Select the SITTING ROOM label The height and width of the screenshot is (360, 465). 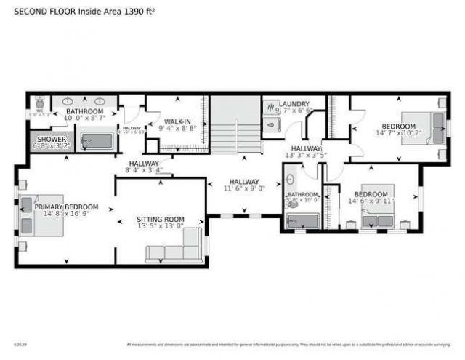point(161,219)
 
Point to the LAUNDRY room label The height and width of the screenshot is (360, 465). point(294,104)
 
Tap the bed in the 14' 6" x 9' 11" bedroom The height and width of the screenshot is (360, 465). point(378,204)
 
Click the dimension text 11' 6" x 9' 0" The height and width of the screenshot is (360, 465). point(244,189)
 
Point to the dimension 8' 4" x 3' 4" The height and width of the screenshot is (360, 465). point(144,172)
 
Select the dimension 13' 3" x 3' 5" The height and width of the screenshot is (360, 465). point(300,156)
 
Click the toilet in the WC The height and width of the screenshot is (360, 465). point(38,104)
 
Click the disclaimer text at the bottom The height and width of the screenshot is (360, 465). point(291,345)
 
